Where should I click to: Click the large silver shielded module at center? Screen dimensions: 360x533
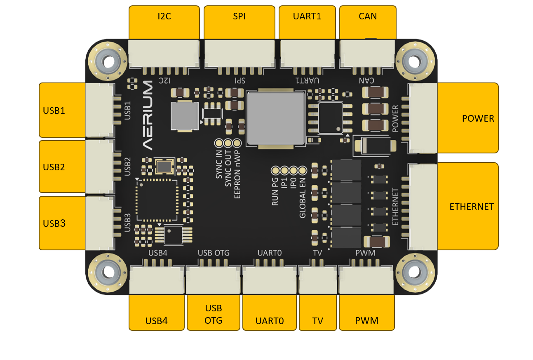pyautogui.click(x=275, y=118)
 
